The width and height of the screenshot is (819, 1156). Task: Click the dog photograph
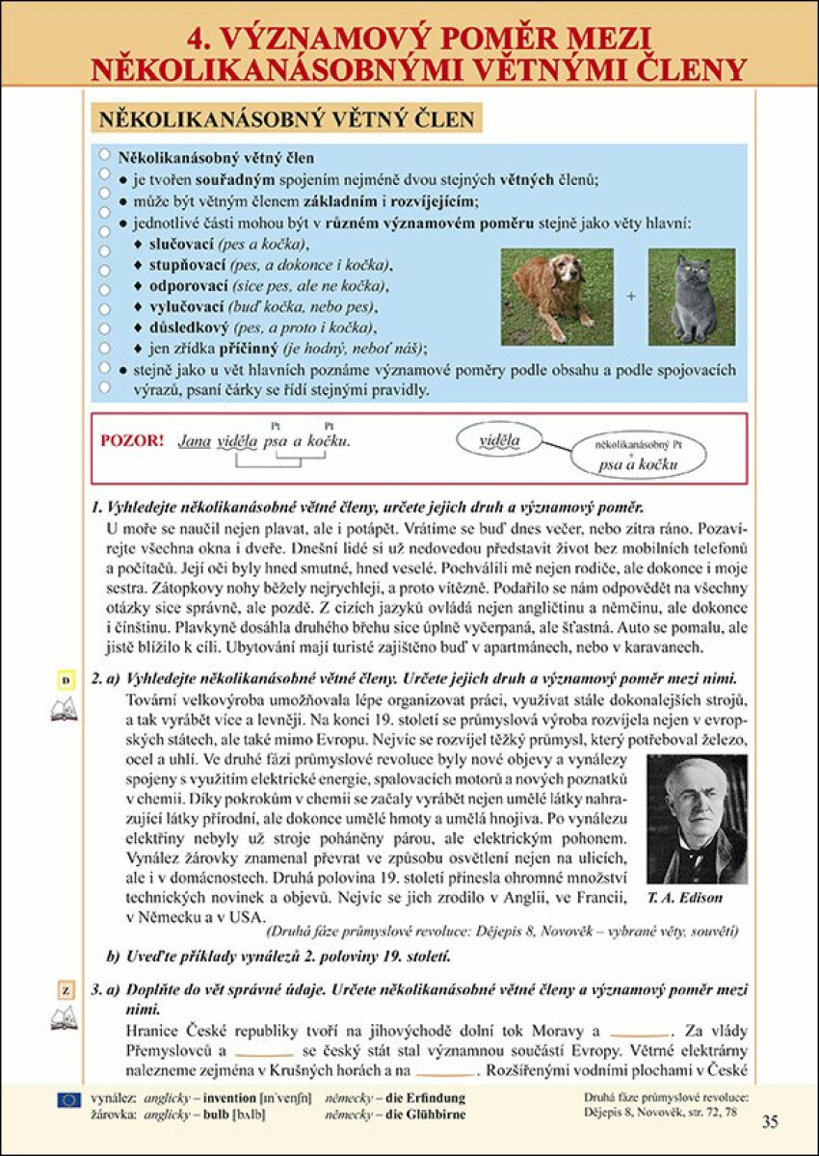point(557,296)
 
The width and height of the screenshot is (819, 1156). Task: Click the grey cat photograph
point(691,296)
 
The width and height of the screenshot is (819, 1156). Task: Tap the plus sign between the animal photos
point(631,297)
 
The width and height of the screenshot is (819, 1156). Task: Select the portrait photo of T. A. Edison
point(698,819)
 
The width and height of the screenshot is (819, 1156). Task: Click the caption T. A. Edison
point(685,898)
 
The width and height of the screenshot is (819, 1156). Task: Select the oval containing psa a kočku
point(638,456)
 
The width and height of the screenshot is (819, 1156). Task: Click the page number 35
point(769,1120)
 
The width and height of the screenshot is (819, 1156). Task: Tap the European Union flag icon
point(68,1099)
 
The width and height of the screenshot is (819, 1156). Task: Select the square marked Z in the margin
point(66,990)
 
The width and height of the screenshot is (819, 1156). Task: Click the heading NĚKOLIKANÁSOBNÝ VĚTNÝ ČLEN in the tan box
point(286,119)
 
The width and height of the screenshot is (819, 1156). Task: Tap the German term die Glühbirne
point(425,1115)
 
